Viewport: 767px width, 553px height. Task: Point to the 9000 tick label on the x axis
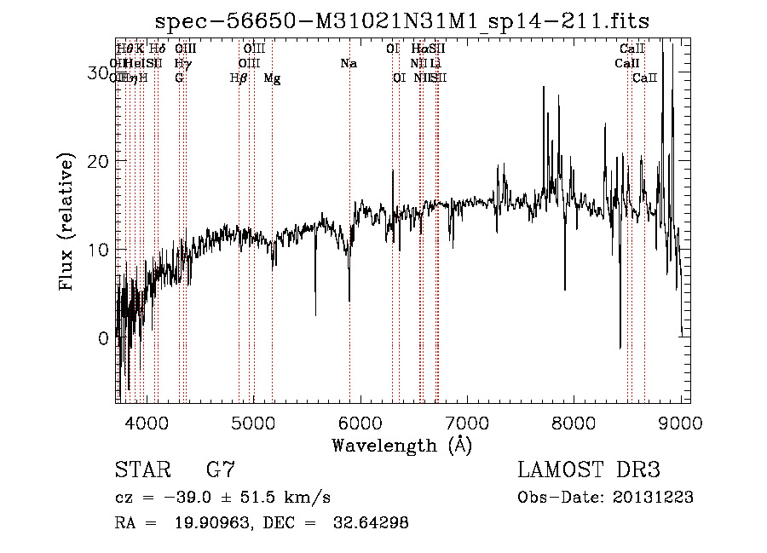680,423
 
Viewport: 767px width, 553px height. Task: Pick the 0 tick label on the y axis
103,339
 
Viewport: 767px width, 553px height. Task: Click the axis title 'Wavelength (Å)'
401,445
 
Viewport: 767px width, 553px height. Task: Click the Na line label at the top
348,63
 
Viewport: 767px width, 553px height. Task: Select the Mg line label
272,78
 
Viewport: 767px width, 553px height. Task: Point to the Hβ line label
239,78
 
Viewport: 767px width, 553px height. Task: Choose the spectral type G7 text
221,470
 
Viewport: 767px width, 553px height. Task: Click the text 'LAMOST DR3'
589,470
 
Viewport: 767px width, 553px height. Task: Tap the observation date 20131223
657,498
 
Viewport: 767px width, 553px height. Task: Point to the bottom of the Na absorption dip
349,300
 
